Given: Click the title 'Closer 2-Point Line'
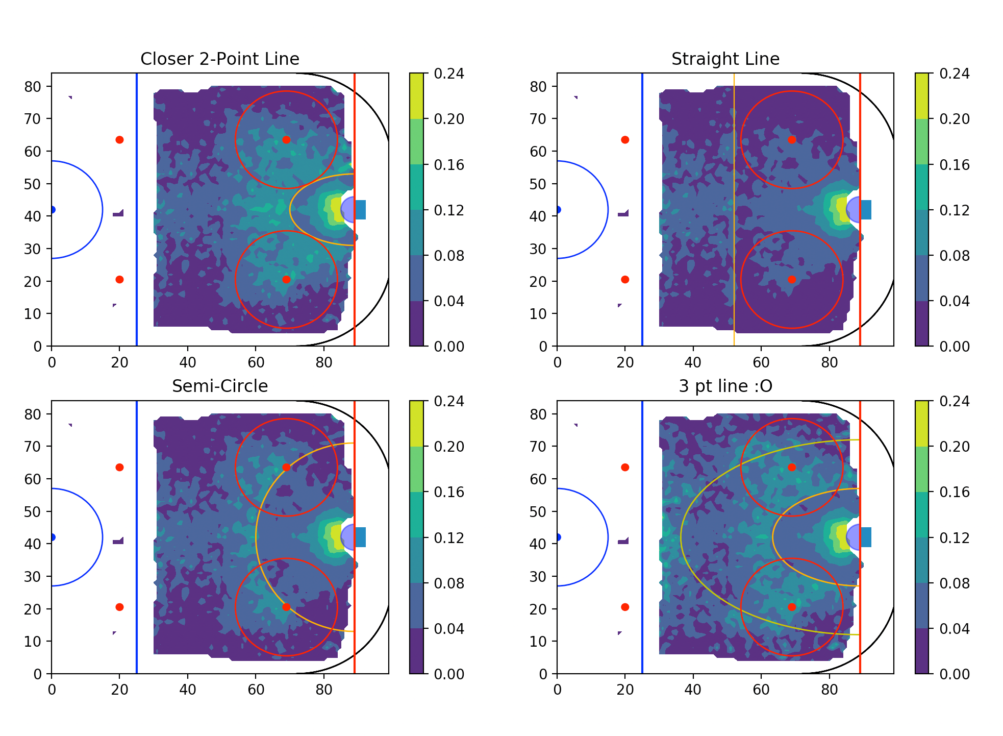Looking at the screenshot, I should (219, 59).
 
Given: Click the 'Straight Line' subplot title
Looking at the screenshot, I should (725, 59).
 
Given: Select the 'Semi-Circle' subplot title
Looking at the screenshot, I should (219, 386).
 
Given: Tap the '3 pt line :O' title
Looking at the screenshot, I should (725, 386).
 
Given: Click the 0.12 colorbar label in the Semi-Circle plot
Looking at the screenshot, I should (449, 538).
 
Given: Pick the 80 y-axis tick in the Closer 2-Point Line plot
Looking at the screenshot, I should (32, 87).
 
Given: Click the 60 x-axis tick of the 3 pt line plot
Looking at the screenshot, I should (761, 690).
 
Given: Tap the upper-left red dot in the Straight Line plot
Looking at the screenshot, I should (625, 140).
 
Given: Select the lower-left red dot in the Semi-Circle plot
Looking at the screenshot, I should (119, 607).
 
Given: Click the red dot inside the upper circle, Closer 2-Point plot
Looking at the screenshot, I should (286, 140).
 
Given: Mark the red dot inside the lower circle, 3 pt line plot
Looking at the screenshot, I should (792, 607).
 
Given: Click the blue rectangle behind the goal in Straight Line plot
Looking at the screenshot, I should (866, 210).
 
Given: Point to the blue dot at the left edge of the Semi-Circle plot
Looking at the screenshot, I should (52, 537).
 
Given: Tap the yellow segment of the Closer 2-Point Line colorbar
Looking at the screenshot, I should (416, 96).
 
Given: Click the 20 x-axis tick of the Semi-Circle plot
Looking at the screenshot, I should (119, 690).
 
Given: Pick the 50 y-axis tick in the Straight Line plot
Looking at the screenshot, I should (538, 184).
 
